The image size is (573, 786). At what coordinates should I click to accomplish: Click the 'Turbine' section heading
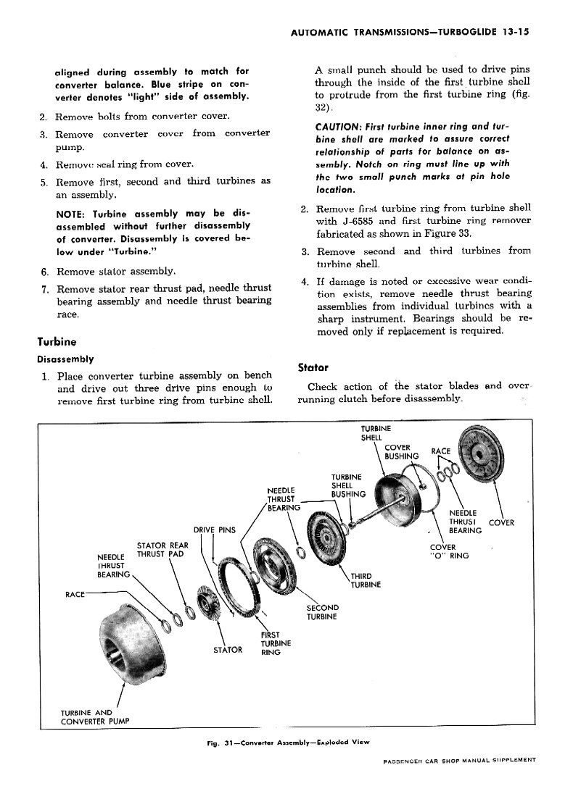tap(57, 342)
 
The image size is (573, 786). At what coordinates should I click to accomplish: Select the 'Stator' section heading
tap(313, 367)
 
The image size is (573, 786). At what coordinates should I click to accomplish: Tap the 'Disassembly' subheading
tap(66, 359)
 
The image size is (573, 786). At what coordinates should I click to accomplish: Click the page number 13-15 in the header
tap(515, 32)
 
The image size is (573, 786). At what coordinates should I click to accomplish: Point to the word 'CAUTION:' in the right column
tap(338, 126)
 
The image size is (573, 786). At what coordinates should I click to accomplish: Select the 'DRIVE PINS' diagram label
tap(214, 530)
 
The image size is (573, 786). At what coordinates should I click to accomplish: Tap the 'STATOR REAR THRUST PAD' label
tap(162, 549)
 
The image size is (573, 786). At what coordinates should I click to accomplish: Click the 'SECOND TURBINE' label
tap(323, 612)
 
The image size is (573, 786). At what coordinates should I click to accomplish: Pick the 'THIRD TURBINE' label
tap(366, 580)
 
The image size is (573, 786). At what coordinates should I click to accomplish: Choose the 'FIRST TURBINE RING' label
tap(276, 643)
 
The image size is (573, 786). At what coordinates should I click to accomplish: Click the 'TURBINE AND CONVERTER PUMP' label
tap(95, 717)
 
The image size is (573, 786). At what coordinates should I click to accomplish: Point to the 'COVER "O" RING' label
tap(449, 551)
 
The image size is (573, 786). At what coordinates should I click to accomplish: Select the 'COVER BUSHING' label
tap(401, 451)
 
